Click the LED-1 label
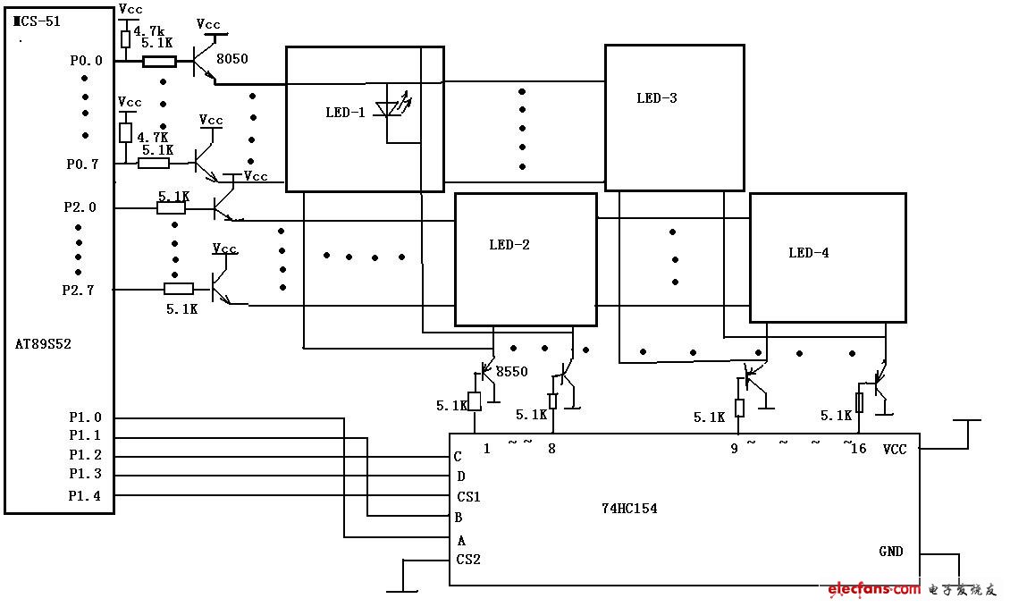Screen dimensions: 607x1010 pos(345,113)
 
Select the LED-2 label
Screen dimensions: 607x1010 pos(509,244)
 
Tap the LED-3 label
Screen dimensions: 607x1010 pos(657,98)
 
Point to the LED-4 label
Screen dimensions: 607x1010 pos(809,253)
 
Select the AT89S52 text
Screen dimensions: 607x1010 pos(43,343)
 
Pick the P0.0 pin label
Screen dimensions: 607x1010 pos(86,61)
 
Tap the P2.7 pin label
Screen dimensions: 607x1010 pos(79,290)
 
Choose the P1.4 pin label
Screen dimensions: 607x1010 pos(86,495)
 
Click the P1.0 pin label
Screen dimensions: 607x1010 pos(86,417)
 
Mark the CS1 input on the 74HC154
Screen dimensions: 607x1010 pos(468,497)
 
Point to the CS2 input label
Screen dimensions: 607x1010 pos(468,561)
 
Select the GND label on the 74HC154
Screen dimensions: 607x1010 pos(890,552)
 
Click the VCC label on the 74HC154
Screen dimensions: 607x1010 pos(895,449)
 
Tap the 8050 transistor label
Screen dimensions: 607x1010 pos(232,59)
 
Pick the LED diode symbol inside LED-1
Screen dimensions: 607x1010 pos(390,109)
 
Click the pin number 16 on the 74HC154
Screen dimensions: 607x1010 pos(858,449)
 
